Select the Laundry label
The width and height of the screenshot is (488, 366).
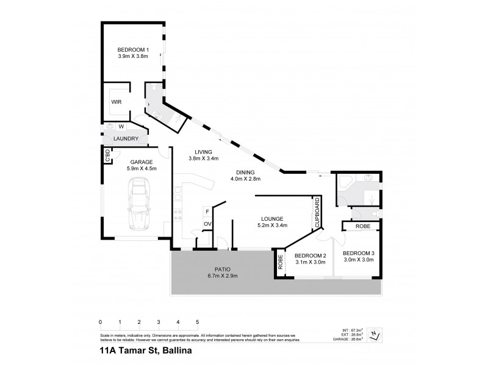point(126,139)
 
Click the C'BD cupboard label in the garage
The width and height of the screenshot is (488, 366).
point(107,156)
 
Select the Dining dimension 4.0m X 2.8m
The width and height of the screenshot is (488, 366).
point(245,179)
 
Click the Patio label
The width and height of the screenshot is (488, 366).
point(223,269)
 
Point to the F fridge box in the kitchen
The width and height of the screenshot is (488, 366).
point(207,212)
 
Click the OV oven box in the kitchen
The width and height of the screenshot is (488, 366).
point(207,224)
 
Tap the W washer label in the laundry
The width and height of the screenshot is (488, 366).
point(121,127)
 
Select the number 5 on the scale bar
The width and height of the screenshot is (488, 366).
point(197,321)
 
